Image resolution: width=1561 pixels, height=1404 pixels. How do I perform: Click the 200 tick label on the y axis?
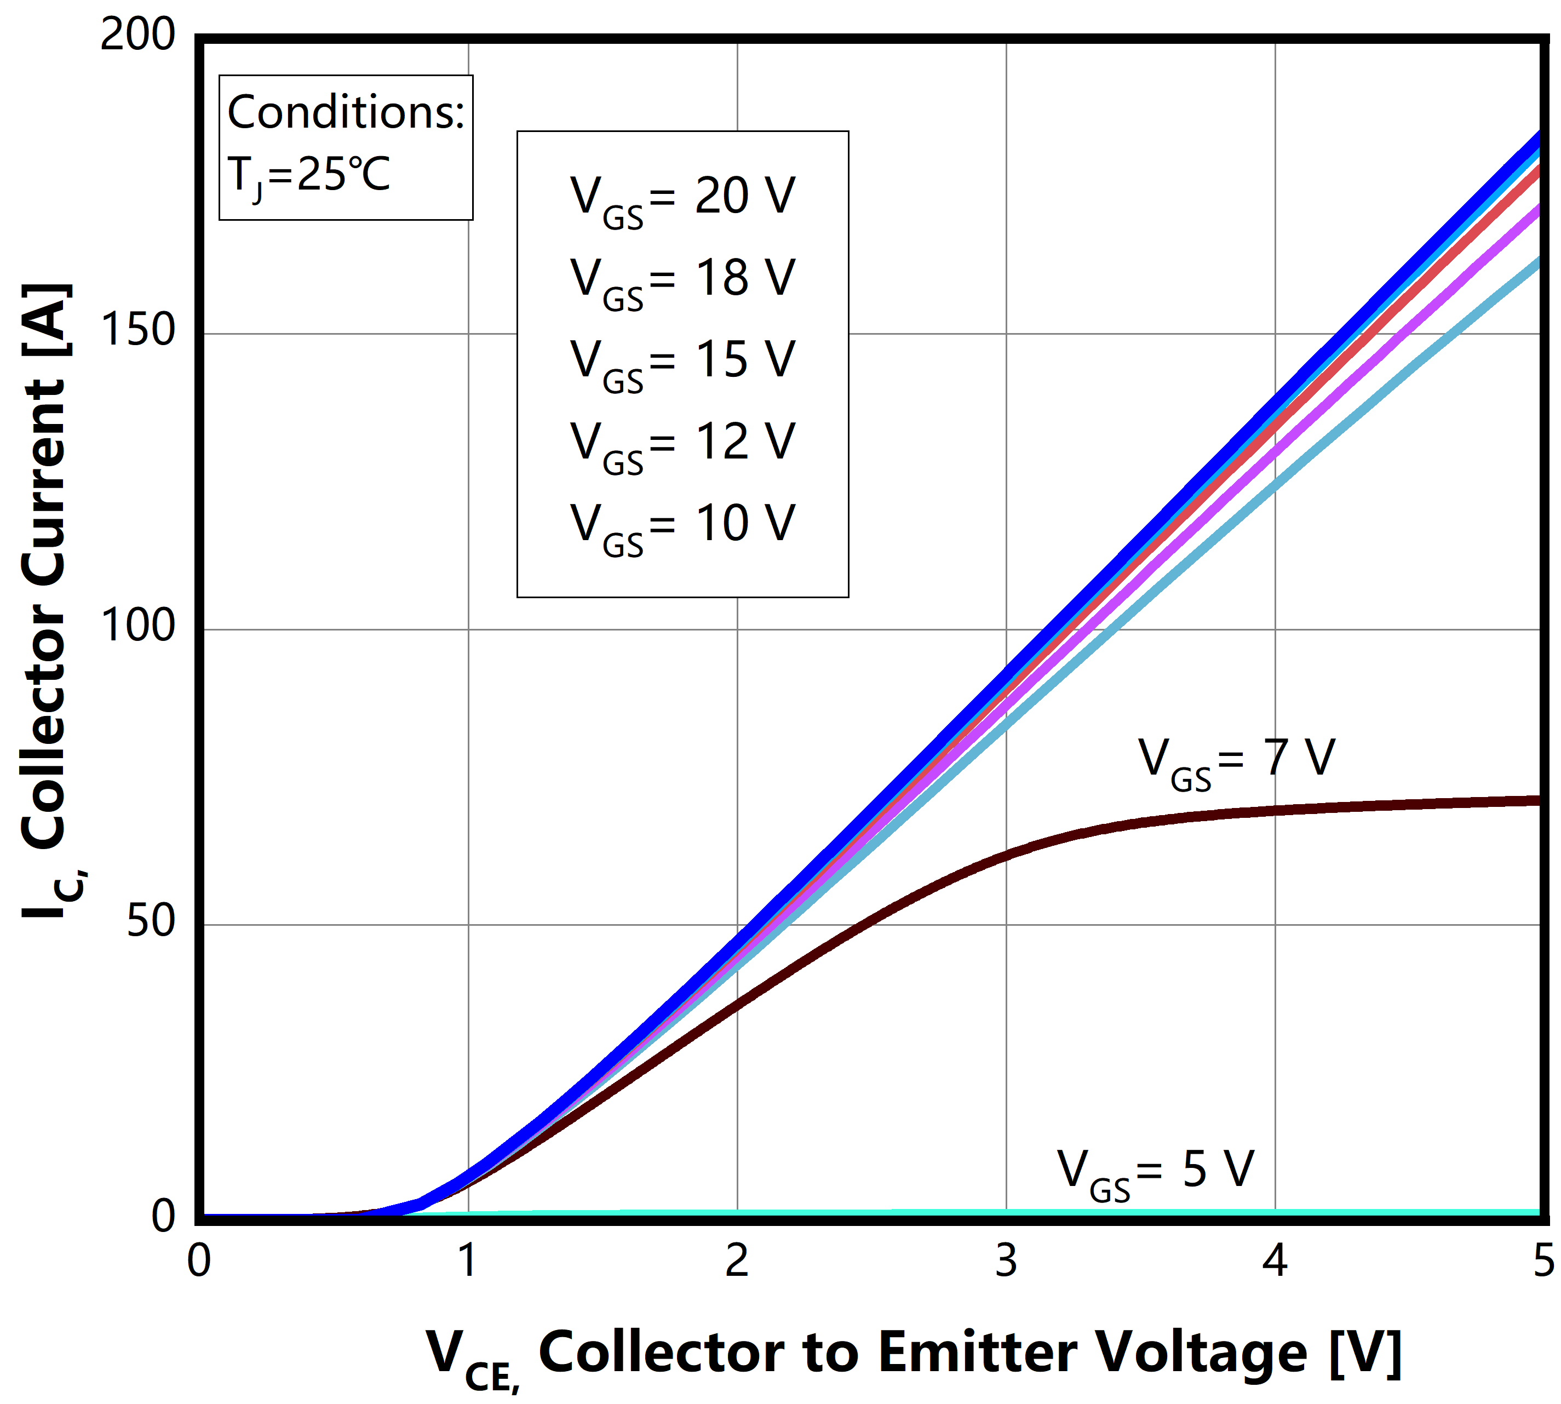(x=137, y=36)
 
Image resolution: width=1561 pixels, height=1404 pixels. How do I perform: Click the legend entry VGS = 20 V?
(x=682, y=199)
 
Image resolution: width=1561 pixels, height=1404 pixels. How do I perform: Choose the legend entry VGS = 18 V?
(x=682, y=282)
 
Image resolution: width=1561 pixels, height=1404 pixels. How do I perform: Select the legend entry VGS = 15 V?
(x=682, y=364)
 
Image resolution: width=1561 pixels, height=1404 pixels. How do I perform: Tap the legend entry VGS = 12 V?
(x=682, y=446)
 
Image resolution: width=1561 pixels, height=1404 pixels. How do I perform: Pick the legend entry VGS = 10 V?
(x=682, y=528)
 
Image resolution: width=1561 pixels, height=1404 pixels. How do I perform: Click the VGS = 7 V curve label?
(x=1236, y=762)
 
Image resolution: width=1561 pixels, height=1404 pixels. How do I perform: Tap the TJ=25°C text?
(x=308, y=176)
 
